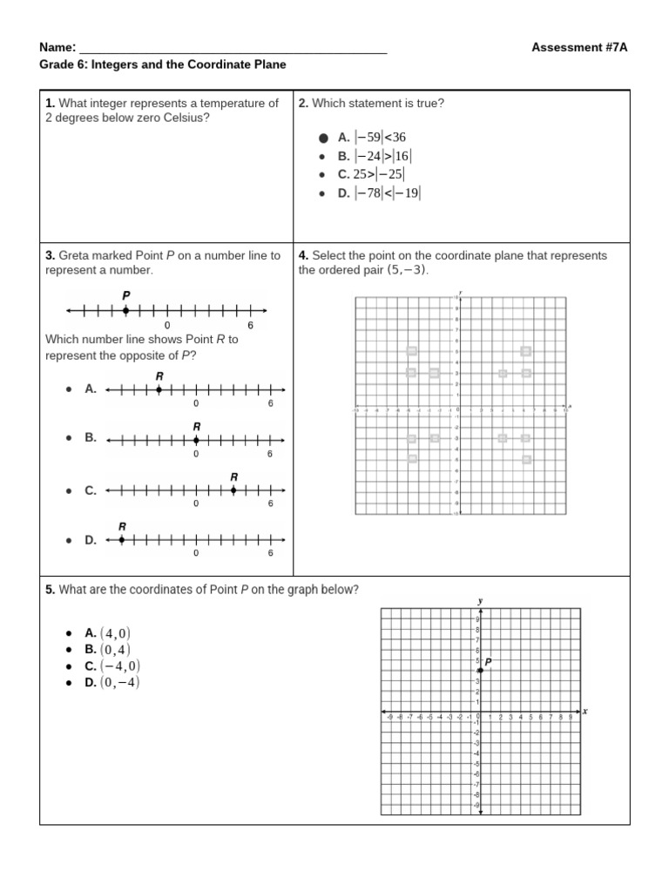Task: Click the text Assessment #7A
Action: tap(578, 47)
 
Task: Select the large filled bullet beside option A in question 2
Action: tap(322, 138)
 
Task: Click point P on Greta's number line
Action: tap(125, 310)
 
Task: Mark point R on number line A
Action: tap(159, 389)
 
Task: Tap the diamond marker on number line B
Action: tap(196, 439)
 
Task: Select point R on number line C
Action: tap(233, 490)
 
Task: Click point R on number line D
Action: tap(121, 540)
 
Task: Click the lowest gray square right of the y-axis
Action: tap(526, 459)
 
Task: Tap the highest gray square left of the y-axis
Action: tap(412, 351)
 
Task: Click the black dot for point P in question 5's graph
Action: tap(481, 670)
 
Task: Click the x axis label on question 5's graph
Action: tap(585, 711)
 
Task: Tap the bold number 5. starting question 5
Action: tap(50, 590)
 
